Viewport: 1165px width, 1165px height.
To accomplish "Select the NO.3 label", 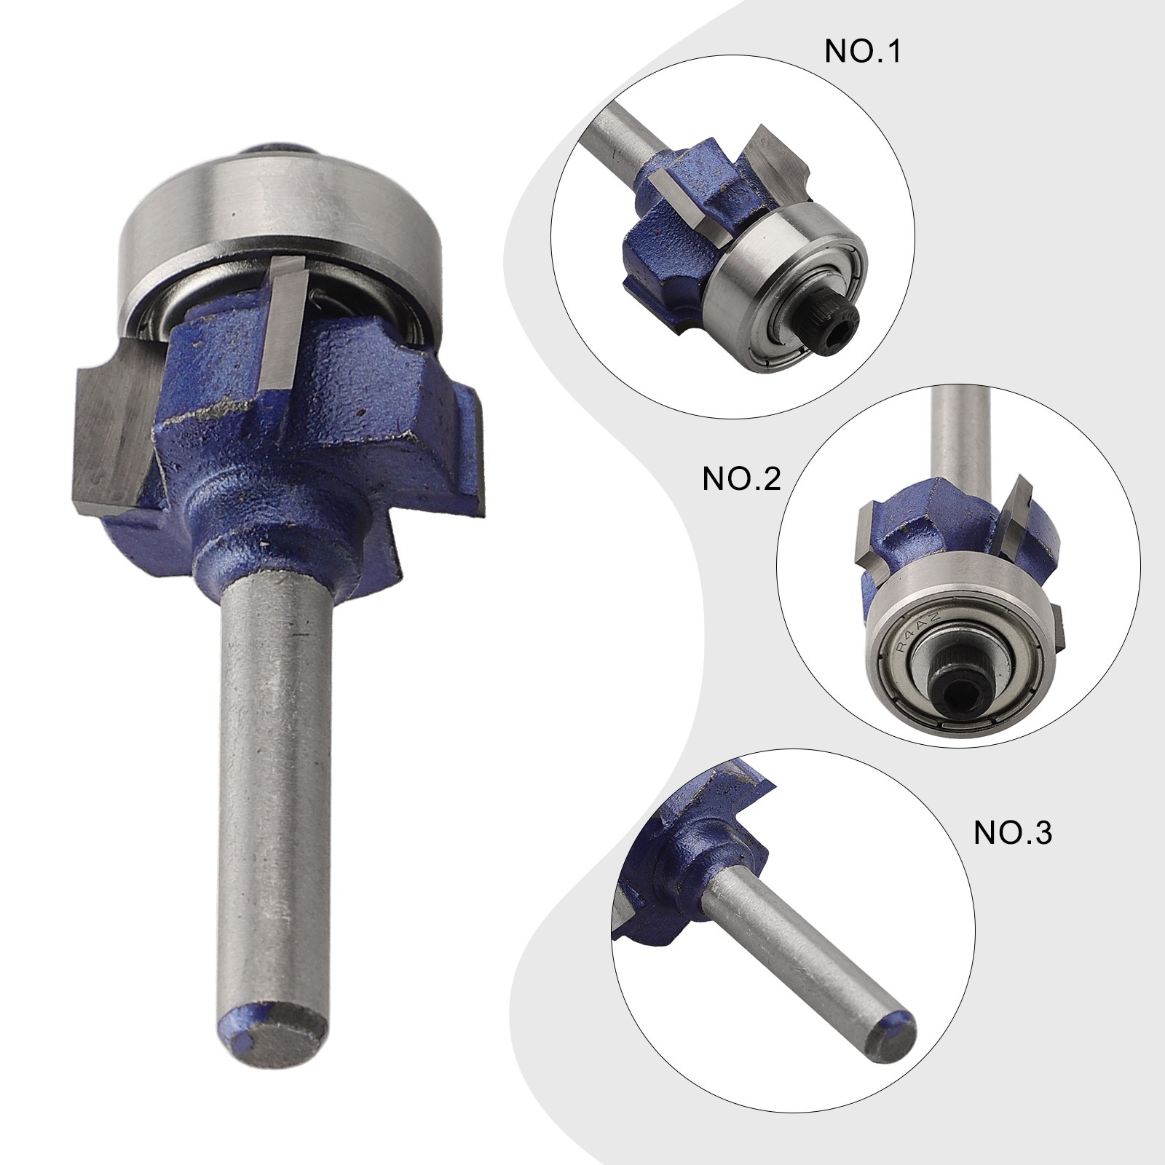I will [1014, 833].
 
